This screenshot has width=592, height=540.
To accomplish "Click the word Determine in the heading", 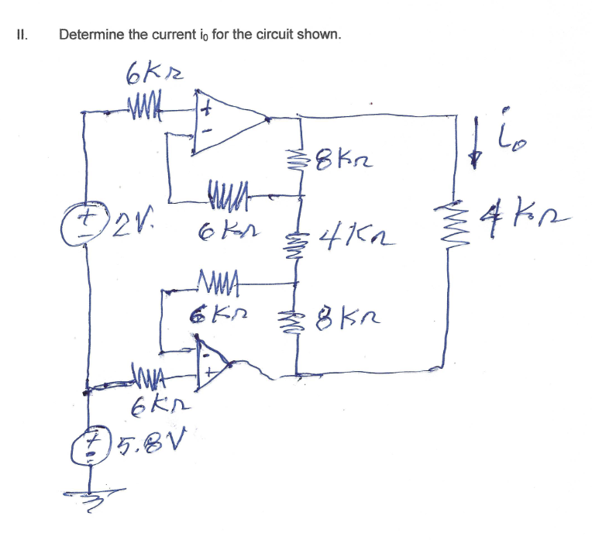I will point(92,35).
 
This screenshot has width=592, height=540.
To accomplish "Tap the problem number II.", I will point(22,35).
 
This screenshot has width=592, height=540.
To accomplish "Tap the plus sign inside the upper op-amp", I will point(206,110).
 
